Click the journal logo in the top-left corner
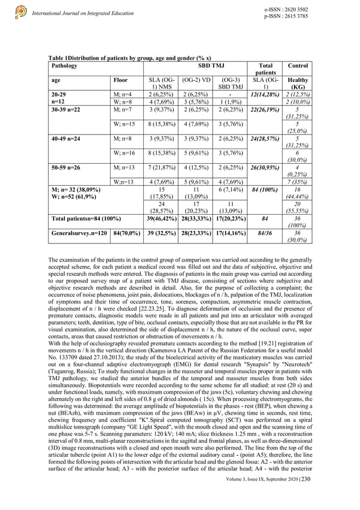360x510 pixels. pos(21,11)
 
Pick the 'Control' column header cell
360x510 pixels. pos(297,66)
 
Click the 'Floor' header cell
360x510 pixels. pos(121,80)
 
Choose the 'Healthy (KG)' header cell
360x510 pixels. pos(297,84)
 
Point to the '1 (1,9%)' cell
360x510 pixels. pos(230,102)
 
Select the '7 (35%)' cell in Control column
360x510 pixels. pos(297,181)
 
